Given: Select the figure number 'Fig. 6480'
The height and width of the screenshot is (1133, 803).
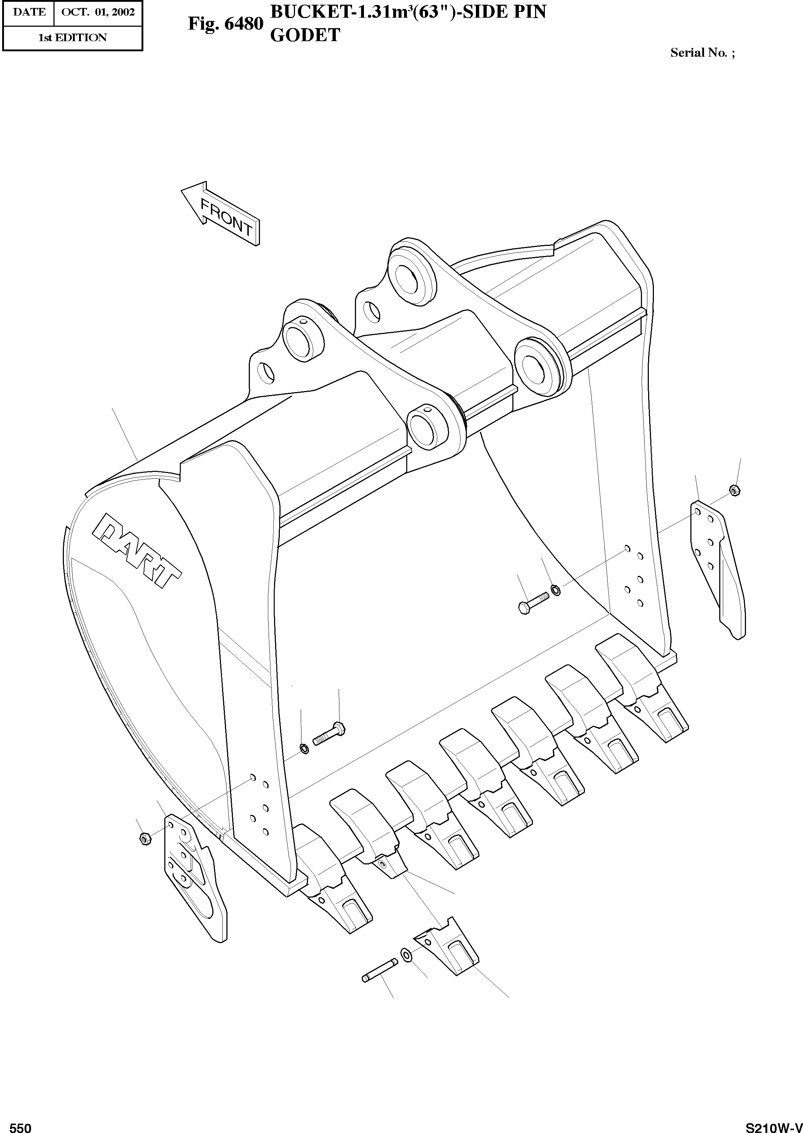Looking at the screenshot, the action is click(225, 24).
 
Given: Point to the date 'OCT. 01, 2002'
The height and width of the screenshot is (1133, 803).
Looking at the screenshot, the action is click(98, 12).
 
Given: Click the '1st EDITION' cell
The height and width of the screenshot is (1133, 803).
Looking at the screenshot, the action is click(72, 38).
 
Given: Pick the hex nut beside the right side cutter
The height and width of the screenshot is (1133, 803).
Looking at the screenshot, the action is click(734, 490).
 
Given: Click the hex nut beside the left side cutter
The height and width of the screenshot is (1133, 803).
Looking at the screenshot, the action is click(144, 838).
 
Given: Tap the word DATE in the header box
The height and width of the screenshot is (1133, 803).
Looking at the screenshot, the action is click(29, 12).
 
